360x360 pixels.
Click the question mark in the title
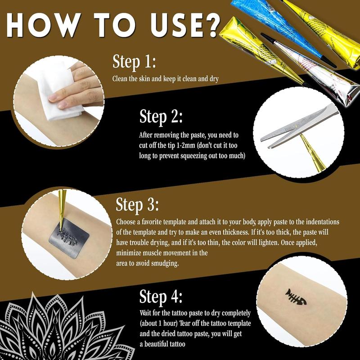coord(208,26)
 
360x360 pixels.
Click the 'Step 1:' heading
coord(134,62)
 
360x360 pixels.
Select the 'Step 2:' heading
coord(161,117)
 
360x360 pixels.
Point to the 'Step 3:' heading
coord(137,204)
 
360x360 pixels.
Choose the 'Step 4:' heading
coord(161,296)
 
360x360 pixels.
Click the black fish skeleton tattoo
coord(296,297)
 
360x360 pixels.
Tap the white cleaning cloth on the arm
coord(61,92)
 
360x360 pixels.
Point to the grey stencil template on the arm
coord(69,238)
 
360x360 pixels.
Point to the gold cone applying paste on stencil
coord(62,209)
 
